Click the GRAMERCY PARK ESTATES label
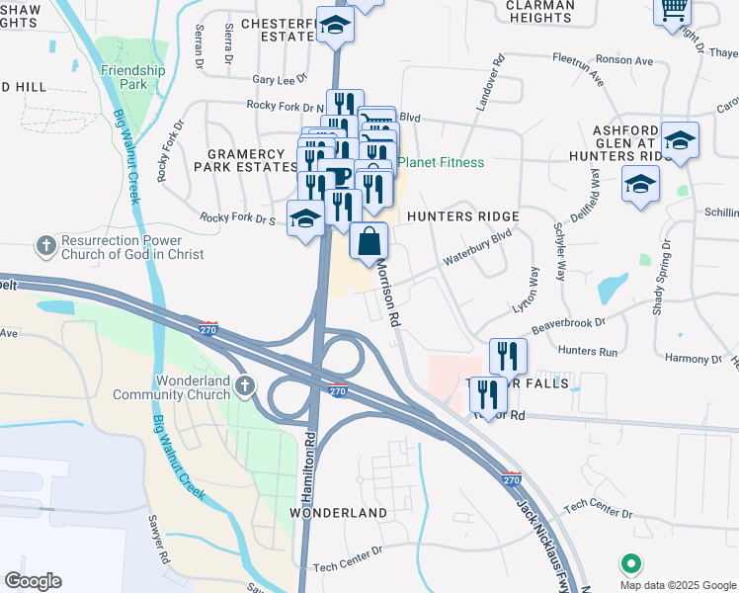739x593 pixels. pyautogui.click(x=251, y=161)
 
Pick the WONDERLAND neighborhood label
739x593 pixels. pyautogui.click(x=338, y=514)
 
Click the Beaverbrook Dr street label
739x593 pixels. pyautogui.click(x=567, y=323)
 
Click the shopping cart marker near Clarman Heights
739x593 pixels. pyautogui.click(x=674, y=10)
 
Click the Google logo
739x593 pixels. pyautogui.click(x=33, y=581)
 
